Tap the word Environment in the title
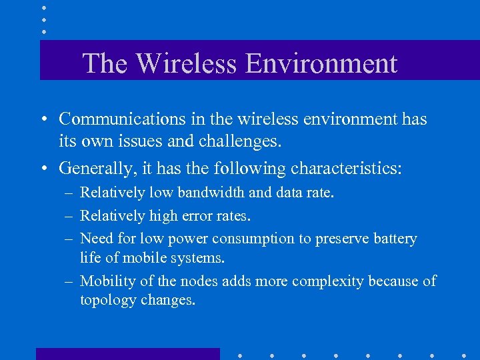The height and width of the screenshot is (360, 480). pyautogui.click(x=321, y=63)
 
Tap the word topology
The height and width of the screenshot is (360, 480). pyautogui.click(x=108, y=300)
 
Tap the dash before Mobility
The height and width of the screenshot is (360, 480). pyautogui.click(x=69, y=281)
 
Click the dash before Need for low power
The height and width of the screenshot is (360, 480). pyautogui.click(x=69, y=239)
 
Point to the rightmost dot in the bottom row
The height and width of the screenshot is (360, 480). pyautogui.click(x=464, y=355)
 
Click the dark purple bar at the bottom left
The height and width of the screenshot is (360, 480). pyautogui.click(x=127, y=354)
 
